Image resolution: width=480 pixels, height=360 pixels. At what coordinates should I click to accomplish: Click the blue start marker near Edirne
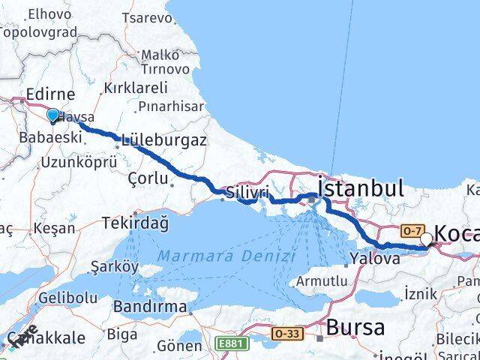52,115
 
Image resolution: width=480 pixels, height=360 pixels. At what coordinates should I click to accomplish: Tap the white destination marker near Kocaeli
427,239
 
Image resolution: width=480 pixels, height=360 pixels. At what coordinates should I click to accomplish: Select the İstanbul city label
361,187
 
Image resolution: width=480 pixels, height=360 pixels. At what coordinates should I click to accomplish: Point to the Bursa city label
355,328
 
